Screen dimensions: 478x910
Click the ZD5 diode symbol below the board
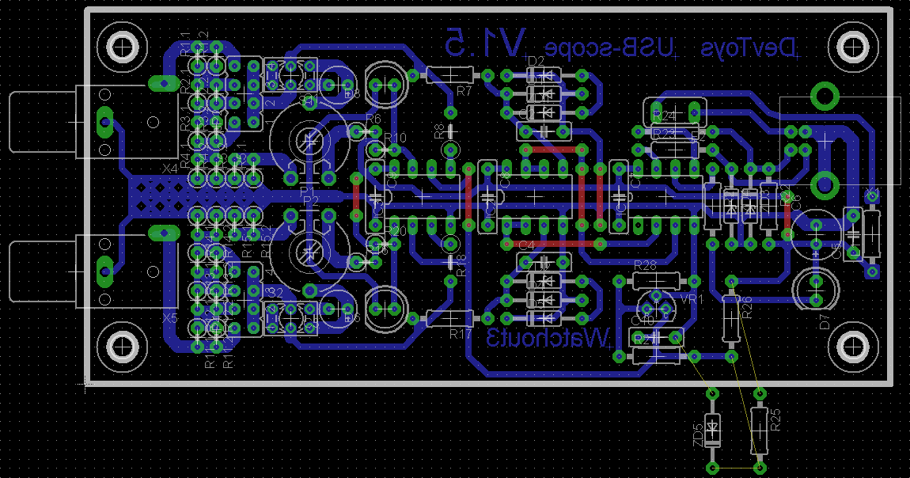713,431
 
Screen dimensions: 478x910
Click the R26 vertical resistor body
732,318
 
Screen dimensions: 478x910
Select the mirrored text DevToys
748,48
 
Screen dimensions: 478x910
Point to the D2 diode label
536,61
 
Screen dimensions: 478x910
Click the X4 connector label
169,169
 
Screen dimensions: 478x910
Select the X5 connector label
169,317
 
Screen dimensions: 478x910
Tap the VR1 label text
692,300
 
